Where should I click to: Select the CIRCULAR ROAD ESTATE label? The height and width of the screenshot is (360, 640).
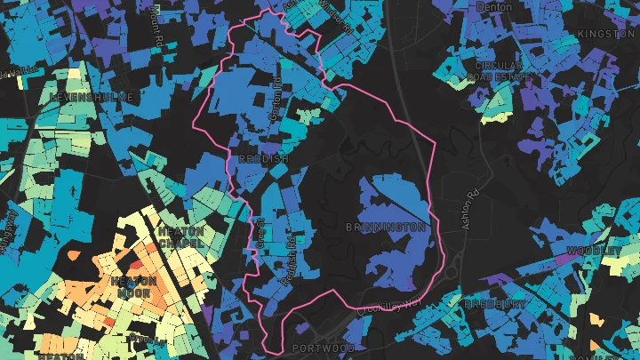pos(503,72)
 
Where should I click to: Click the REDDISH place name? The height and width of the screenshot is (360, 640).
pos(264,158)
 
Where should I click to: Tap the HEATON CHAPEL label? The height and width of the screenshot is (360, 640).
pos(180,236)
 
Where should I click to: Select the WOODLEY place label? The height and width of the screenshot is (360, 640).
pos(593,252)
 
